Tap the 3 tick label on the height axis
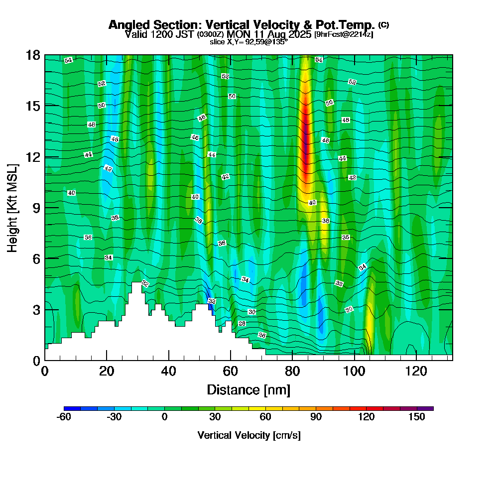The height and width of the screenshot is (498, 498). (x=36, y=310)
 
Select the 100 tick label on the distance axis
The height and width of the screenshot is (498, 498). (x=355, y=372)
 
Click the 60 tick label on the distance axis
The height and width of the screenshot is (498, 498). (x=231, y=372)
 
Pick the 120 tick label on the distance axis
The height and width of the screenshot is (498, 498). (x=416, y=372)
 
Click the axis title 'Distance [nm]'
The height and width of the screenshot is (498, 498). (x=249, y=389)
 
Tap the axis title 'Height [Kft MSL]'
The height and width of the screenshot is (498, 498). (x=12, y=208)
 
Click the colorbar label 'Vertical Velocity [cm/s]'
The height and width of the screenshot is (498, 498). (x=249, y=435)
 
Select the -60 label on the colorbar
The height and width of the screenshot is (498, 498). (x=64, y=417)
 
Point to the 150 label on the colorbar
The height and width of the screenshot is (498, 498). (x=417, y=417)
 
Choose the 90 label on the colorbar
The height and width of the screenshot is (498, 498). (x=316, y=417)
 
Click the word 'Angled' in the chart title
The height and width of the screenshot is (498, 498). (x=126, y=25)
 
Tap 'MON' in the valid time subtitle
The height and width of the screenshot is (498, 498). (x=237, y=34)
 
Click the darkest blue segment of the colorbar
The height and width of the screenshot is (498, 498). (x=72, y=408)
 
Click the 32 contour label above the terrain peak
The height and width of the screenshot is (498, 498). (x=145, y=283)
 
